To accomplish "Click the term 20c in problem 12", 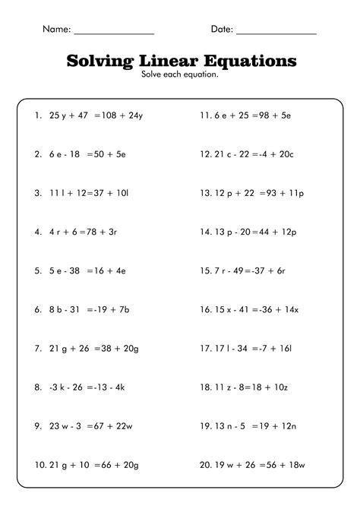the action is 285,154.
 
